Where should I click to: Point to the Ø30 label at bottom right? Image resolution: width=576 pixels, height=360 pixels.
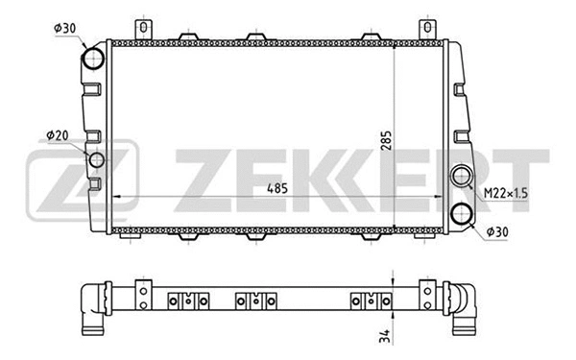[x=498, y=231]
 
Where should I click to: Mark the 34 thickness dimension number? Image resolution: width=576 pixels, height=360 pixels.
[x=385, y=335]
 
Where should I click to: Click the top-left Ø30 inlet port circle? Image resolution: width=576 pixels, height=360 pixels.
[x=92, y=60]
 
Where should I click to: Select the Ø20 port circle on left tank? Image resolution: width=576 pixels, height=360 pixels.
[x=97, y=159]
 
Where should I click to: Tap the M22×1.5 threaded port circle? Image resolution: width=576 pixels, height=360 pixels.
[x=462, y=177]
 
